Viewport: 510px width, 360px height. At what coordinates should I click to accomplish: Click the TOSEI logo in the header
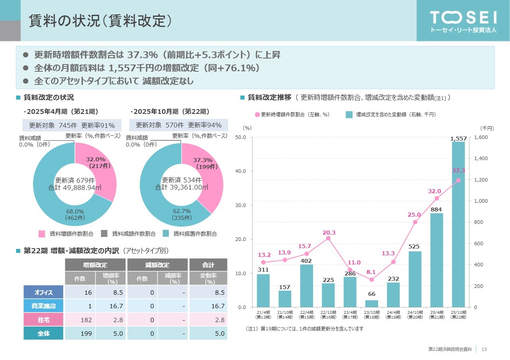coord(463,21)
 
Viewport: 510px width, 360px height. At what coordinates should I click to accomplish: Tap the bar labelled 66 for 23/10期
coord(372,303)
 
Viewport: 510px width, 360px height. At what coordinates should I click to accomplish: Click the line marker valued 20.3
coord(328,238)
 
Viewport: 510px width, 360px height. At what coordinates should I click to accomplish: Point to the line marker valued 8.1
coord(372,280)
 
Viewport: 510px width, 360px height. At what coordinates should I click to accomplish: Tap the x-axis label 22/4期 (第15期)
coord(306,315)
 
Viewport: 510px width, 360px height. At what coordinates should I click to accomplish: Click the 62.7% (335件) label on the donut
coord(182,214)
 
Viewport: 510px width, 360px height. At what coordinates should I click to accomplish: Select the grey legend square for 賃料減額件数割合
coord(104,234)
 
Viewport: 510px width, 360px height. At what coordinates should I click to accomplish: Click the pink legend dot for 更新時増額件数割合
coord(257,115)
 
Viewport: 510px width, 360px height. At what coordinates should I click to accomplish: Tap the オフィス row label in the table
coord(43,292)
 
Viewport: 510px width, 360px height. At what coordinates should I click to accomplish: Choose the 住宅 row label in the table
coord(43,319)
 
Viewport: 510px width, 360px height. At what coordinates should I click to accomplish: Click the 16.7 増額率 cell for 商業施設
coord(110,306)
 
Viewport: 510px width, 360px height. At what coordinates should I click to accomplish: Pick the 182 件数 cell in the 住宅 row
coord(80,319)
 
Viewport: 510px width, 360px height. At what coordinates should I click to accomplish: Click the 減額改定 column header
coord(157,265)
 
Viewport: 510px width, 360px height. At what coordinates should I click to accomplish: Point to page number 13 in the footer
coord(484,349)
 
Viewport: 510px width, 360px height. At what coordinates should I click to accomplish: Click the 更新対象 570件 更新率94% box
coord(178,125)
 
